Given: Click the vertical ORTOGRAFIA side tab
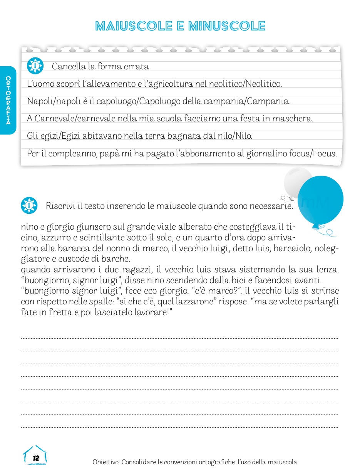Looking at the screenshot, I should [x=8, y=101].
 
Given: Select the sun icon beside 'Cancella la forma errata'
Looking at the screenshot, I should [x=35, y=66].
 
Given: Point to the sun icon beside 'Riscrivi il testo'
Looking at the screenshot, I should [x=29, y=206].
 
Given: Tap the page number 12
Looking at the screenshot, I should [x=36, y=458].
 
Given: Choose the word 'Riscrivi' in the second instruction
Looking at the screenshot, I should [x=60, y=206].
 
